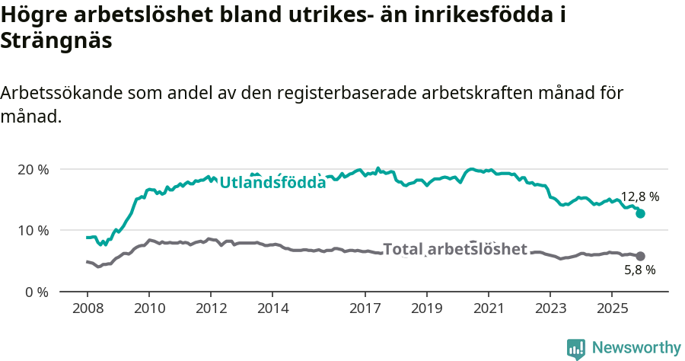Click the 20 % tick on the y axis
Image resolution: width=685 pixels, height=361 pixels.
(x=32, y=169)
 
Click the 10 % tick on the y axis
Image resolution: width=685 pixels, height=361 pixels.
(x=32, y=230)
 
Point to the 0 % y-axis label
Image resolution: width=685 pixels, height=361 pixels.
(x=35, y=292)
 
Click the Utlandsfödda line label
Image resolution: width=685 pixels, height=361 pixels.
(x=272, y=183)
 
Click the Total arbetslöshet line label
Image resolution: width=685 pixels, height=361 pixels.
(x=454, y=249)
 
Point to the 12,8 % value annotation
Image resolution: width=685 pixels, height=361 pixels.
(x=639, y=196)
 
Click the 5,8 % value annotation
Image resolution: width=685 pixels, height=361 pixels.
(x=639, y=270)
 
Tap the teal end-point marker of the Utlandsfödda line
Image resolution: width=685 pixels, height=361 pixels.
(x=640, y=214)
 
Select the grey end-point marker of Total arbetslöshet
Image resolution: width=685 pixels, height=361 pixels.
(x=640, y=257)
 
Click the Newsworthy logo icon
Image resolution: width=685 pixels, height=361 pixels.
(x=576, y=348)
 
